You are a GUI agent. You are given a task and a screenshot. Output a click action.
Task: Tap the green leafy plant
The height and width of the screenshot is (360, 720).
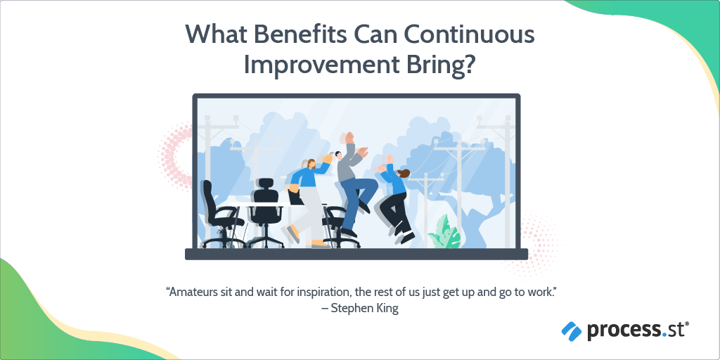[x=444, y=232]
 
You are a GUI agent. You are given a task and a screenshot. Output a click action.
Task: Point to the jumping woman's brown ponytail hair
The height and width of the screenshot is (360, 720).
[x=404, y=173]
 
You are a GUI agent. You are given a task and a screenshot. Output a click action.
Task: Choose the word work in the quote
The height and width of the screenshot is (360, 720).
[x=536, y=291]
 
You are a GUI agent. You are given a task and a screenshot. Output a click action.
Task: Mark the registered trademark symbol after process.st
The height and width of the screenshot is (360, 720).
[x=687, y=324]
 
